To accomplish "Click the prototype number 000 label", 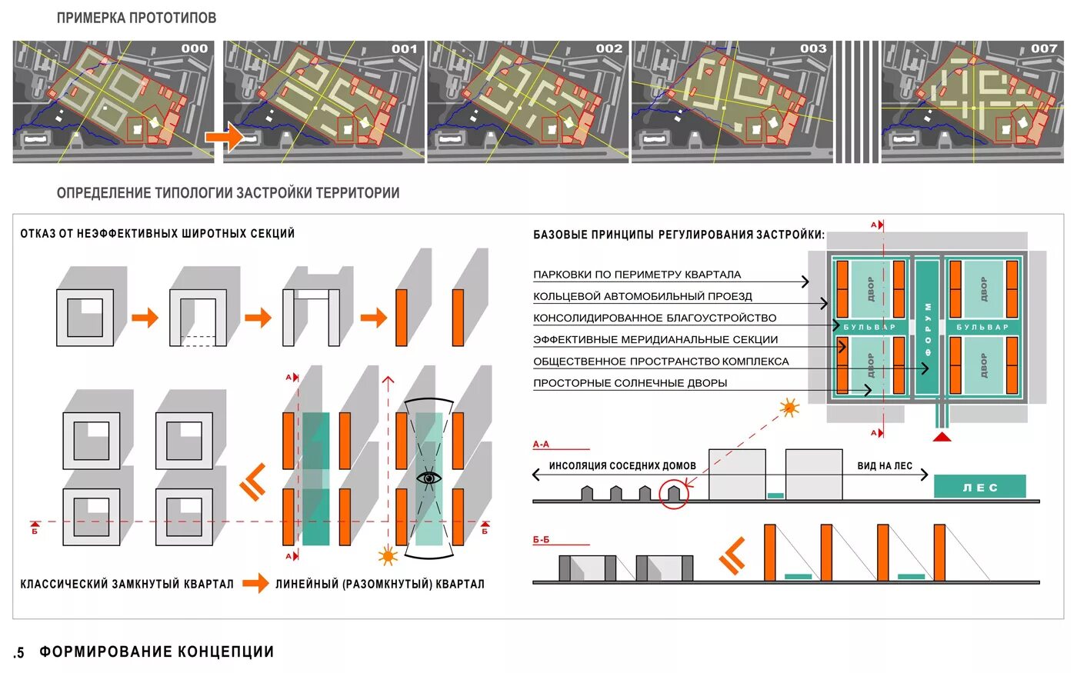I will click(x=194, y=48).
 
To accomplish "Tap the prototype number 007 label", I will click(x=1044, y=48).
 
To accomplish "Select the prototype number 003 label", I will click(x=813, y=48).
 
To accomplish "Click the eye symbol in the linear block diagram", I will click(x=429, y=478).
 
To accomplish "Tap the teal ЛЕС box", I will click(x=979, y=487).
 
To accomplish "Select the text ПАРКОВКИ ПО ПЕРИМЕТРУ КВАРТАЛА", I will click(x=637, y=275).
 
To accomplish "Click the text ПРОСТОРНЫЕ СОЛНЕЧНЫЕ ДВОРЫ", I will click(x=630, y=383).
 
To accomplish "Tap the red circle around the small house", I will click(x=674, y=493).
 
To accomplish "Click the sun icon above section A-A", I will click(x=789, y=408).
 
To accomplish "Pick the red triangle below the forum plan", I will click(x=942, y=437).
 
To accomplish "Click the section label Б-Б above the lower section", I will click(x=541, y=540).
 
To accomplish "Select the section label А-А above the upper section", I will click(x=541, y=445).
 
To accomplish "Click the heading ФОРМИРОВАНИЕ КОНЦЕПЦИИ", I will click(x=157, y=652).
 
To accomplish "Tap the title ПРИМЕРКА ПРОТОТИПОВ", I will click(x=136, y=18).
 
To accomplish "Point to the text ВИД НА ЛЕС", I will click(x=885, y=466).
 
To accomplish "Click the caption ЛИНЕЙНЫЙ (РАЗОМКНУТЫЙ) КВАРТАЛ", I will click(x=380, y=585).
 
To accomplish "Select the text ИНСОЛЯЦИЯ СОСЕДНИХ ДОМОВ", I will click(x=622, y=466).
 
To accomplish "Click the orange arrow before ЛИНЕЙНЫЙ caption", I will click(x=255, y=584).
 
